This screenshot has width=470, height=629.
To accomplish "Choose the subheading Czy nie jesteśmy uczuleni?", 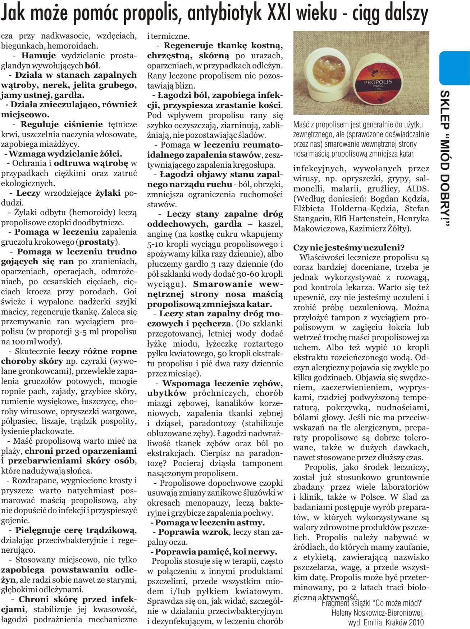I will [349, 248].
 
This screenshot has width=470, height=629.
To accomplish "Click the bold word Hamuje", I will [38, 56].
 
